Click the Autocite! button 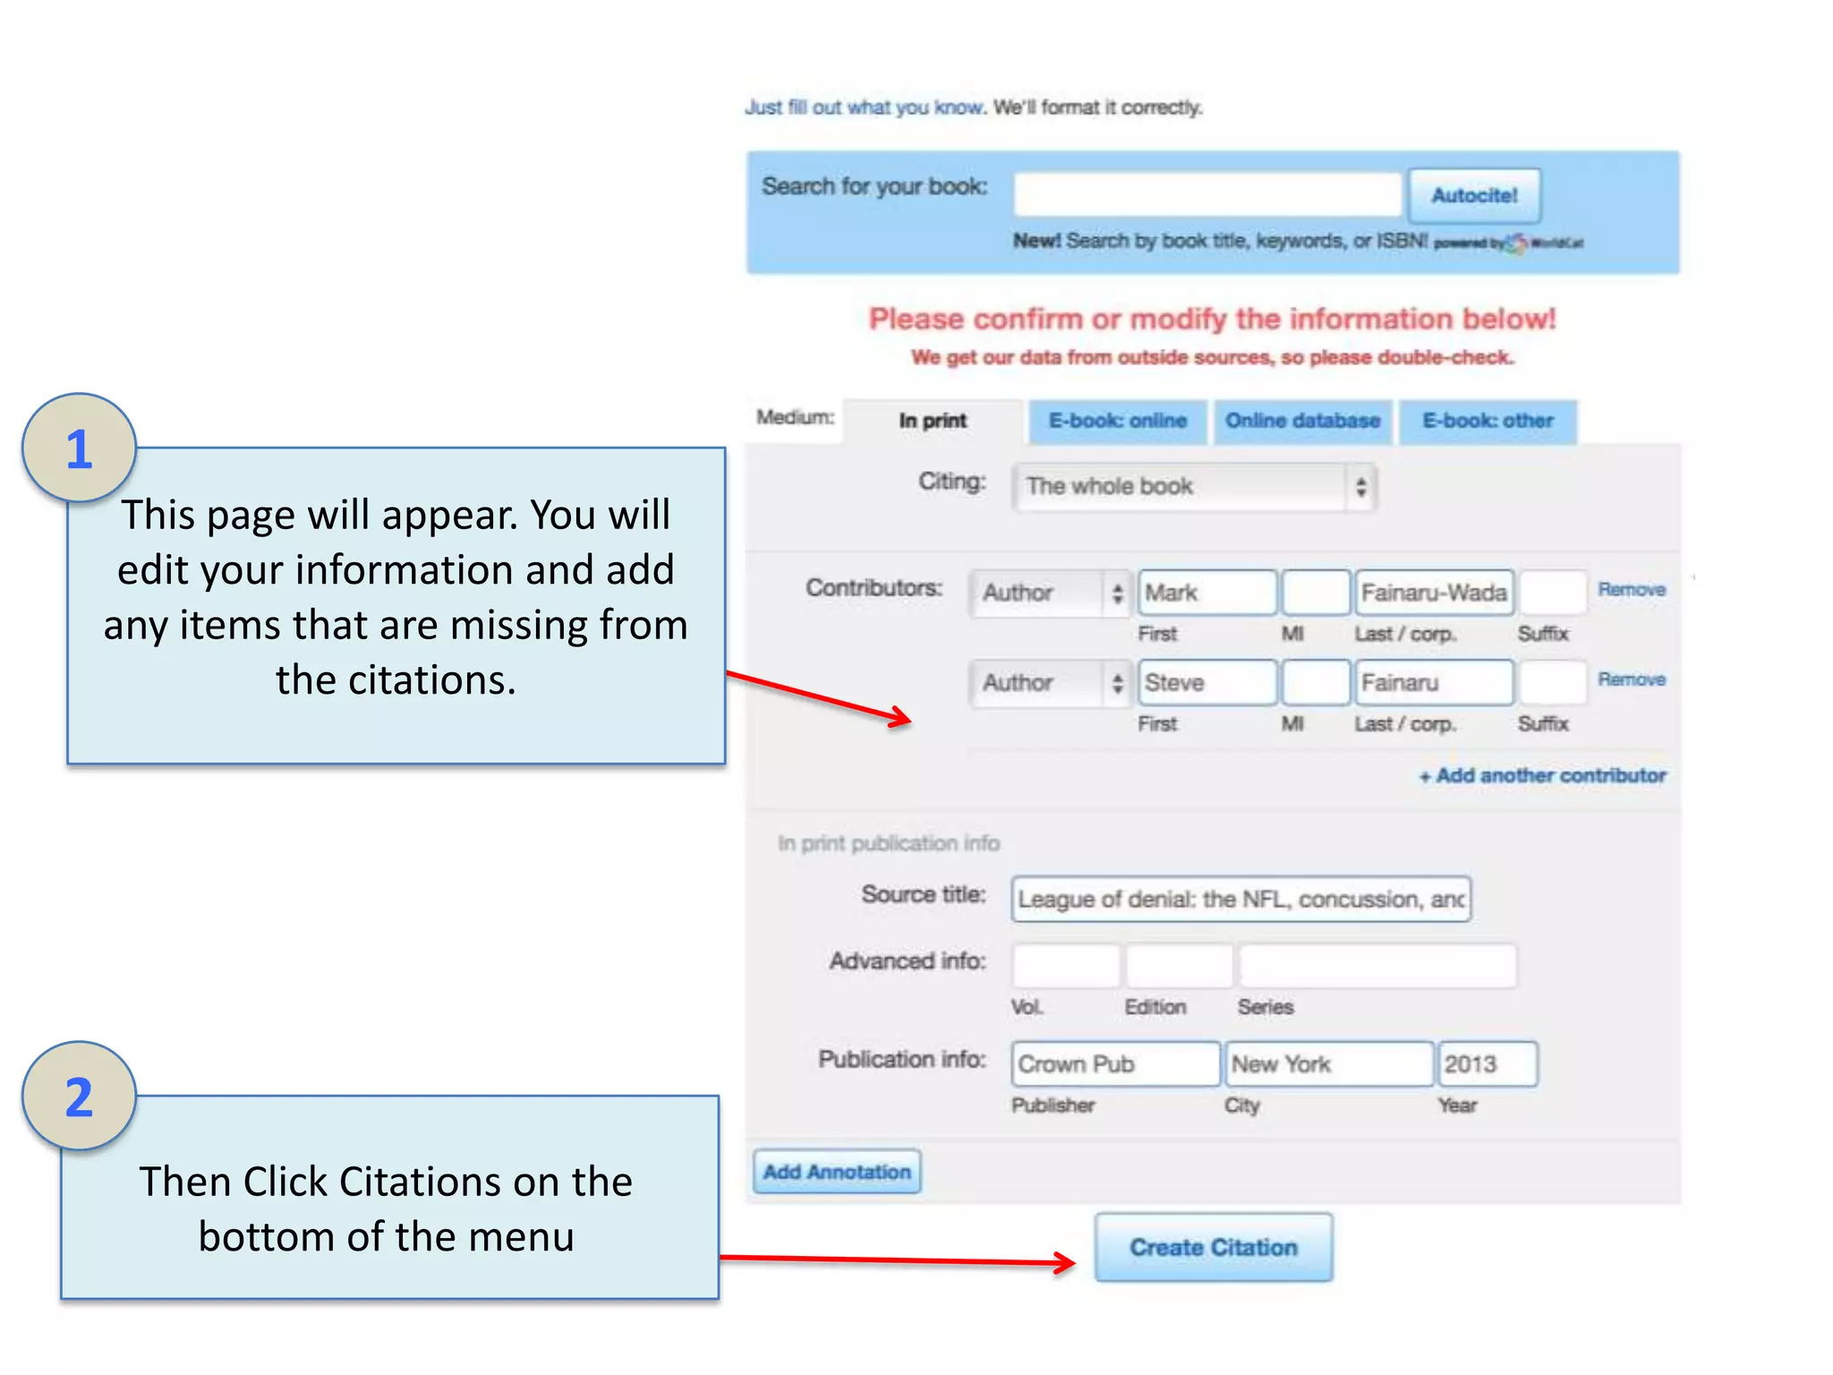coord(1474,195)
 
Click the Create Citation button coord(1213,1247)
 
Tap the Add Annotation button coord(837,1172)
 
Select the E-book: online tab coord(1117,421)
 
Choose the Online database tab coord(1302,421)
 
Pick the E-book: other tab coord(1488,421)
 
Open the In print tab coord(933,421)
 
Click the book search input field coord(1206,194)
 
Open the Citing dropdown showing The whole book coord(1194,487)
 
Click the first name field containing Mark coord(1206,593)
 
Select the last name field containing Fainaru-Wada coord(1434,593)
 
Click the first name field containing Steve coord(1206,683)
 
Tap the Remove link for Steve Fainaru coord(1632,679)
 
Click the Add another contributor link coord(1543,775)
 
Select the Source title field coord(1240,899)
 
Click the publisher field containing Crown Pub coord(1115,1064)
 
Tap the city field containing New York coord(1328,1064)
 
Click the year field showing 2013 coord(1487,1064)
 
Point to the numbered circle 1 coord(80,448)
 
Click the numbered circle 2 coord(80,1097)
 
